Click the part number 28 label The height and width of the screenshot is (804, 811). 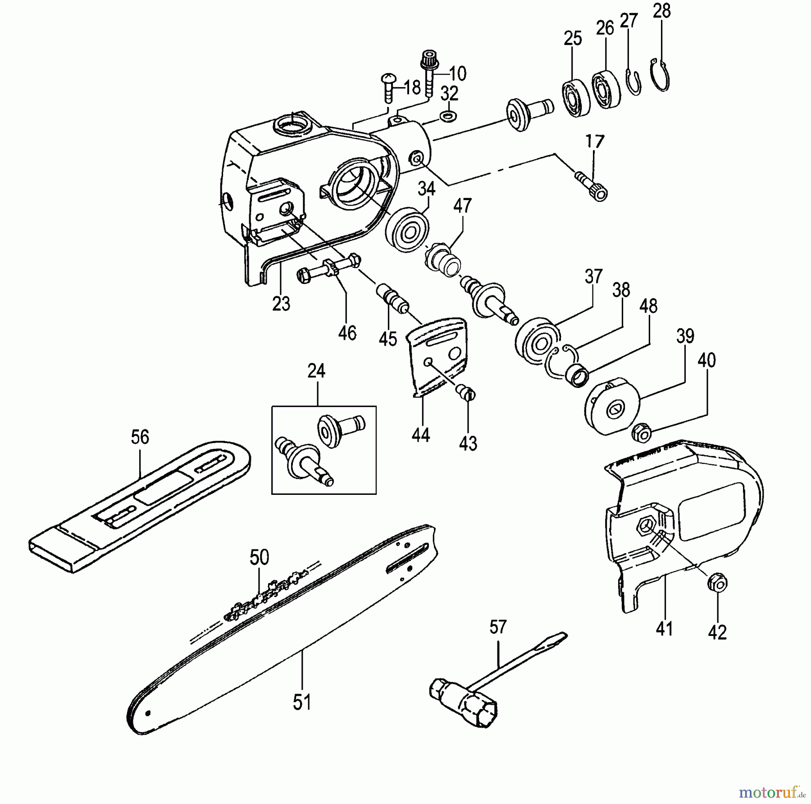661,11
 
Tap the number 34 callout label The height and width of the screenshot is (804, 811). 427,188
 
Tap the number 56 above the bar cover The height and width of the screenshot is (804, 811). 140,437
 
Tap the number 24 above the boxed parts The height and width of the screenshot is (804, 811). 316,371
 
